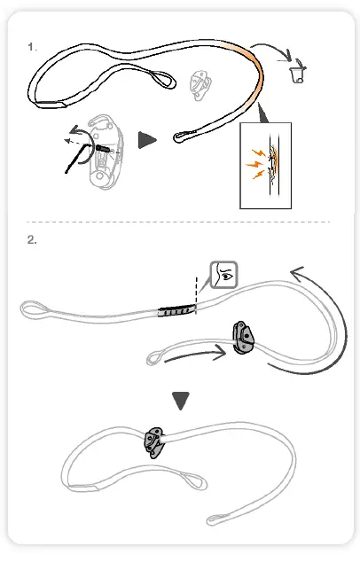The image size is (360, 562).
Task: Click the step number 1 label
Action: point(32,46)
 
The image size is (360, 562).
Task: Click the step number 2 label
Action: point(32,240)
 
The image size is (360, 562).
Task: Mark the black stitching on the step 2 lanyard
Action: point(174,310)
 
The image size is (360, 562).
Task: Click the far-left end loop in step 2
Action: point(32,310)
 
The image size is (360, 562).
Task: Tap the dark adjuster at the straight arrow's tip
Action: point(243,338)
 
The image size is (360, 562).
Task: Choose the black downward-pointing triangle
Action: point(181,401)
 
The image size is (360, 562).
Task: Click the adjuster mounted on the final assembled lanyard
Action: point(153,441)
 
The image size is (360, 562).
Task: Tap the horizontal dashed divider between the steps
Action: point(177,221)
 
